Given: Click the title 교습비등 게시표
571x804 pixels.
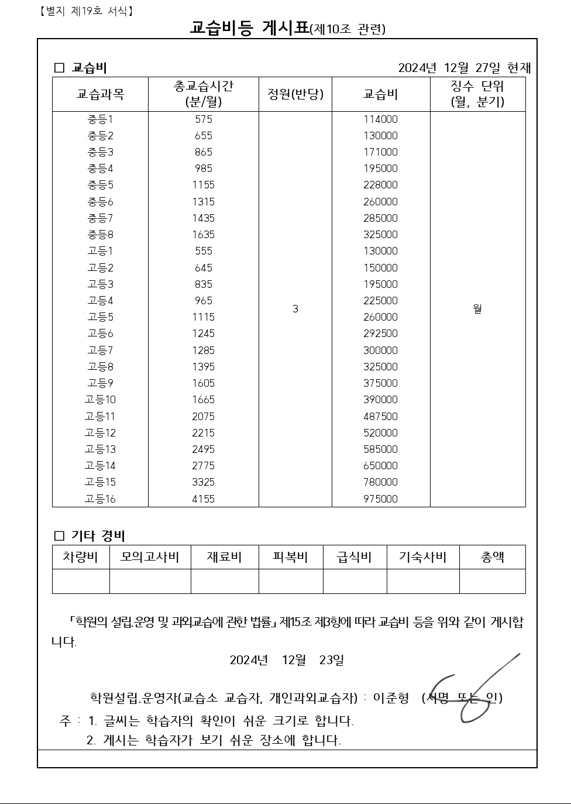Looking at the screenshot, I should point(249,28).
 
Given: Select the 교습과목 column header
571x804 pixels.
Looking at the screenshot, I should point(100,94).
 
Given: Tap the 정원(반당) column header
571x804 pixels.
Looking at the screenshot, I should point(295,94).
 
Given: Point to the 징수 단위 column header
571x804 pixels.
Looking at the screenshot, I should point(477,94).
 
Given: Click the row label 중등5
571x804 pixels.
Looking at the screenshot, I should point(100,185).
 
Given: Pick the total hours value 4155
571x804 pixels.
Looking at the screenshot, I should point(203,499).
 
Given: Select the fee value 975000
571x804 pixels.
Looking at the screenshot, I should point(380,499).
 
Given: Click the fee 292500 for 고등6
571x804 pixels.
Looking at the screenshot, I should point(380,334).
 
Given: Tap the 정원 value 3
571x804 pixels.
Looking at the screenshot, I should point(295,309).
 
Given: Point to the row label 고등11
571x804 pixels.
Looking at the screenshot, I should point(100,417).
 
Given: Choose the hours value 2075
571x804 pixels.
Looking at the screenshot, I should point(203,417).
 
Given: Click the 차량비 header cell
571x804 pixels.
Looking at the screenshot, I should point(80,557).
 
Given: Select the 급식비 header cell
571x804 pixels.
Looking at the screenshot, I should point(355,557).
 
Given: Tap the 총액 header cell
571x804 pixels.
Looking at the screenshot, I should point(492,557).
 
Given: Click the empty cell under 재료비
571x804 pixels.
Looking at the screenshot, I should point(225,582).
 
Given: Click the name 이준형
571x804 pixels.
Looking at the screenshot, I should point(391,698).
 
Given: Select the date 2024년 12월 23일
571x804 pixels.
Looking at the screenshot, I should point(287,660).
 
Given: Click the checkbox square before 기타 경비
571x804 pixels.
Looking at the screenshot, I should point(59,536).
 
